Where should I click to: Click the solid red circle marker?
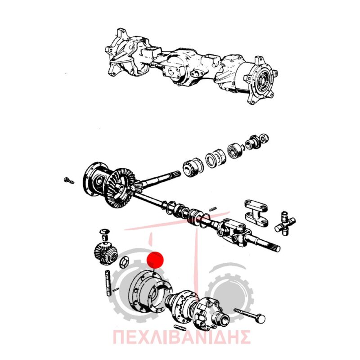pyautogui.click(x=155, y=260)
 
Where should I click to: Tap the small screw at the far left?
pyautogui.click(x=69, y=181)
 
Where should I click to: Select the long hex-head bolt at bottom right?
pyautogui.click(x=250, y=315)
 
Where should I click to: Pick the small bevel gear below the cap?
pyautogui.click(x=106, y=253)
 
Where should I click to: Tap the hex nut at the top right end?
pyautogui.click(x=265, y=138)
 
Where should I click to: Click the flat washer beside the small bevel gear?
pyautogui.click(x=124, y=262)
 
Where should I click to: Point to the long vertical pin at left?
pyautogui.click(x=108, y=283)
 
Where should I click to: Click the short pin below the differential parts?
pyautogui.click(x=180, y=328)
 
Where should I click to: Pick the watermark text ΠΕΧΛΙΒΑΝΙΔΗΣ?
pyautogui.click(x=182, y=337)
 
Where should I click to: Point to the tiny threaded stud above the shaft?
pyautogui.click(x=213, y=209)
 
